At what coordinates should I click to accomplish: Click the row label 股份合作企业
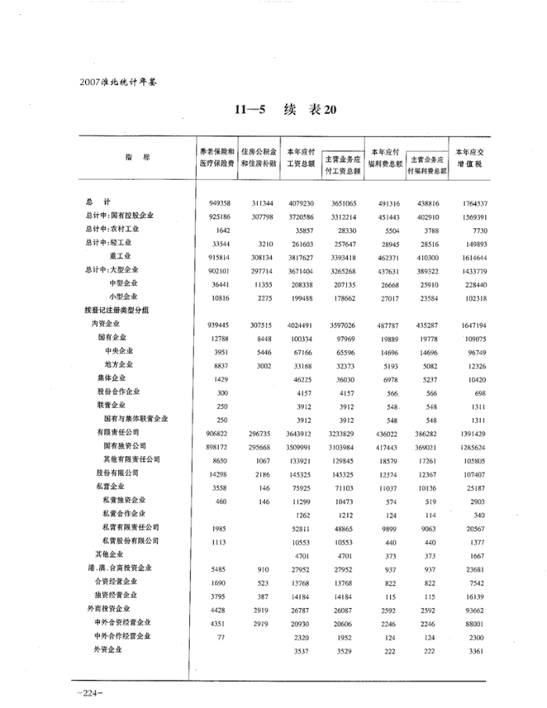coord(119,392)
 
